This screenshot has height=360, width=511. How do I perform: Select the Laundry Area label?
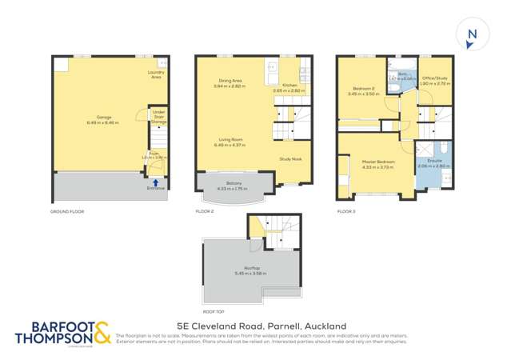coord(157,74)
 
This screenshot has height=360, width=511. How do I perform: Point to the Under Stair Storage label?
coord(159,117)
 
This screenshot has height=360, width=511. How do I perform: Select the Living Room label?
coord(230,142)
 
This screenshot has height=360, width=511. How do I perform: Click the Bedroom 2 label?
coord(361,90)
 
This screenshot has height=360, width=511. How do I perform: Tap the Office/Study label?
coord(435,80)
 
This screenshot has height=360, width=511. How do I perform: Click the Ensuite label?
coord(434,163)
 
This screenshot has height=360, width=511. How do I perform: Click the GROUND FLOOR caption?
coord(67,211)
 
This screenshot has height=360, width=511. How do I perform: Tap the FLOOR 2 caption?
coord(206,211)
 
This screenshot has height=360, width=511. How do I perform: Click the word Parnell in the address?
coord(286,326)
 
